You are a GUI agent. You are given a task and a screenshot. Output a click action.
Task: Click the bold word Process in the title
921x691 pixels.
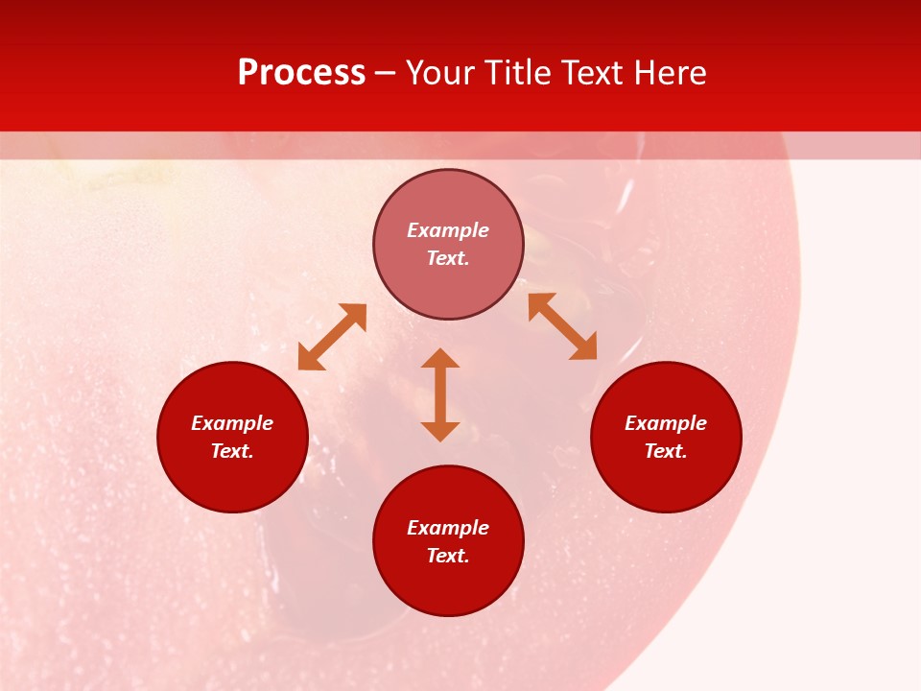(301, 73)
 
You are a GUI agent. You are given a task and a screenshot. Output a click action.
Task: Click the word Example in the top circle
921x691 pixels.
(448, 230)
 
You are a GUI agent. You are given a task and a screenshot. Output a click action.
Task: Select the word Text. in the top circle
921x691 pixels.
(448, 258)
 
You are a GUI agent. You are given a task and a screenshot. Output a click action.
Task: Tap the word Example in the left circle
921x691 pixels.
(232, 423)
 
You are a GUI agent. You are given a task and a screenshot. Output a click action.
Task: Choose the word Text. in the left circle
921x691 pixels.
(232, 451)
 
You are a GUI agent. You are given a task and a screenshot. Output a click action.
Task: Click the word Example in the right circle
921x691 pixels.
(666, 423)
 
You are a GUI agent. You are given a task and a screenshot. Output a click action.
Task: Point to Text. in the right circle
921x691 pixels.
(666, 451)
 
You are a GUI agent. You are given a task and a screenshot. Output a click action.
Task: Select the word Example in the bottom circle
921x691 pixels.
(448, 528)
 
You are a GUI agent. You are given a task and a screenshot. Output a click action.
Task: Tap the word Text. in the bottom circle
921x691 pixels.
(448, 556)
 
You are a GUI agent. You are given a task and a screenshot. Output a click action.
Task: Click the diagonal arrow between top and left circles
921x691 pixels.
(332, 337)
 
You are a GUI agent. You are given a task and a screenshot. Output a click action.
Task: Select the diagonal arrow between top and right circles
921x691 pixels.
(563, 326)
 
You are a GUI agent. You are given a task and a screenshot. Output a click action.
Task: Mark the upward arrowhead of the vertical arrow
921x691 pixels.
(440, 358)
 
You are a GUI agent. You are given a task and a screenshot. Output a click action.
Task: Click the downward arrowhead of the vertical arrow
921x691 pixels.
(440, 431)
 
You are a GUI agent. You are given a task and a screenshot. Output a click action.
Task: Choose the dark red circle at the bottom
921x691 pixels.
(448, 590)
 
